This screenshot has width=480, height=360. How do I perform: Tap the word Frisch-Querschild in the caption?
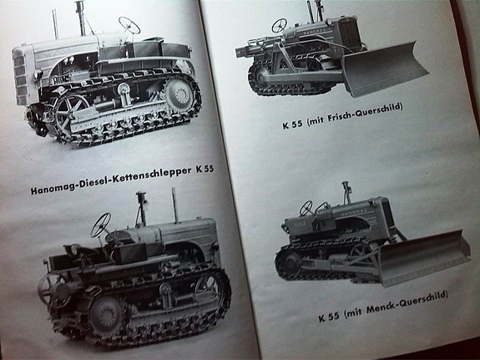tap(364, 113)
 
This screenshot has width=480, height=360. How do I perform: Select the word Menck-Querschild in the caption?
tap(407, 302)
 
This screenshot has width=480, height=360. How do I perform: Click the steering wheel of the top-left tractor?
tap(129, 25)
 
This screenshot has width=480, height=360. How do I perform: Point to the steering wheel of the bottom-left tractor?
tap(101, 225)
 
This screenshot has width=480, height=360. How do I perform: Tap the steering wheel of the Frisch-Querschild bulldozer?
tap(279, 25)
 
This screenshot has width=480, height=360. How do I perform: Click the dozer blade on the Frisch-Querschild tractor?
tap(385, 68)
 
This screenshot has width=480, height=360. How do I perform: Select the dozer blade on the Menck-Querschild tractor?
tap(424, 257)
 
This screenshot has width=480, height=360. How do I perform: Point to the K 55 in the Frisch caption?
tap(292, 124)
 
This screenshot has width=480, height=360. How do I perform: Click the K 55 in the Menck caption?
tap(329, 317)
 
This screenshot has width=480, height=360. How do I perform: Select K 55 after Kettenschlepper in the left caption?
tap(205, 169)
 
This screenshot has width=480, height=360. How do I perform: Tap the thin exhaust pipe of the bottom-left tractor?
tap(174, 205)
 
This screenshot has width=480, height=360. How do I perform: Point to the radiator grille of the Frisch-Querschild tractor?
tap(348, 33)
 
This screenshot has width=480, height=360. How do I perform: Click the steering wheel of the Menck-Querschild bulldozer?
tap(306, 208)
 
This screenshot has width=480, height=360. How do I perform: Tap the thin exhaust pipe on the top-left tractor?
tap(55, 24)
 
